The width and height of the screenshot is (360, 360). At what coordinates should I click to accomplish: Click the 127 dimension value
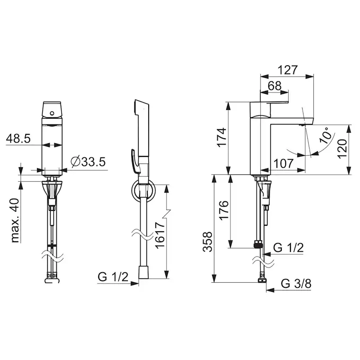tap(288, 70)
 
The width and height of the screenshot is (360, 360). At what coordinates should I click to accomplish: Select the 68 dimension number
tap(275, 86)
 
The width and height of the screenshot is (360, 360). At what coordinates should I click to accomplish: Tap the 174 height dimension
tap(222, 137)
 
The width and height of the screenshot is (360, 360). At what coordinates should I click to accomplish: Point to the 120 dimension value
tap(342, 149)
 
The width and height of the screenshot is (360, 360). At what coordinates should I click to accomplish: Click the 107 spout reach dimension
tap(284, 163)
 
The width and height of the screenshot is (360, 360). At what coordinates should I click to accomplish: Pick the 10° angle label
tap(326, 136)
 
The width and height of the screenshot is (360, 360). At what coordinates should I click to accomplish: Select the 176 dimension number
tap(224, 210)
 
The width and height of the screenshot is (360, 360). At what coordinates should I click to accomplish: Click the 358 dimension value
tap(207, 242)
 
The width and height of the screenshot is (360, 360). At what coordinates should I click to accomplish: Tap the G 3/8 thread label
tap(296, 283)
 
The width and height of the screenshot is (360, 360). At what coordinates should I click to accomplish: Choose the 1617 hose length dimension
tap(160, 235)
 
